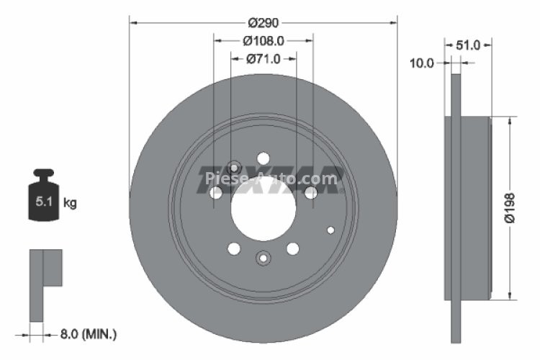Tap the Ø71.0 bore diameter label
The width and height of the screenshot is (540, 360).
pyautogui.click(x=263, y=59)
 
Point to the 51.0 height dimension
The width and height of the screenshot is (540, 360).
pyautogui.click(x=468, y=45)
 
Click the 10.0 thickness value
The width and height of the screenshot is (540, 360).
pyautogui.click(x=421, y=63)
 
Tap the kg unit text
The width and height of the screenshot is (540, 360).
pyautogui.click(x=70, y=203)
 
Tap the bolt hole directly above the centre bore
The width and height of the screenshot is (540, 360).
pyautogui.click(x=263, y=158)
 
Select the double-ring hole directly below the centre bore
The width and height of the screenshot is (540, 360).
pyautogui.click(x=263, y=257)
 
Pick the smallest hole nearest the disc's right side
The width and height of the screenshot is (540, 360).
pyautogui.click(x=330, y=230)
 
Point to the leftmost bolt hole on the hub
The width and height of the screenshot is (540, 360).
pyautogui.click(x=216, y=193)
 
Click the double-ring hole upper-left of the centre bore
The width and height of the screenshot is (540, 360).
pyautogui.click(x=234, y=166)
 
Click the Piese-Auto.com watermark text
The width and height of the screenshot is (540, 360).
pyautogui.click(x=270, y=178)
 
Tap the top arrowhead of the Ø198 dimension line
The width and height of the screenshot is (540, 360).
pyautogui.click(x=510, y=122)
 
